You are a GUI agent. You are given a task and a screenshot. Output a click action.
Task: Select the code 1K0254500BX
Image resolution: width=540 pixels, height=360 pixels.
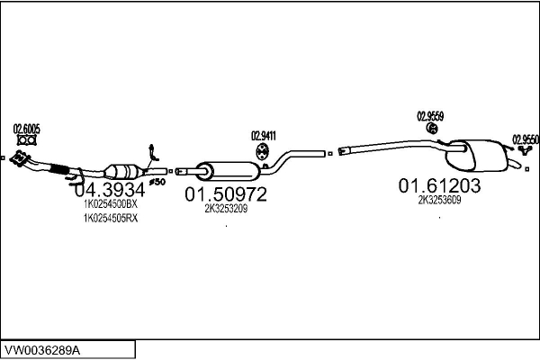coord(110,205)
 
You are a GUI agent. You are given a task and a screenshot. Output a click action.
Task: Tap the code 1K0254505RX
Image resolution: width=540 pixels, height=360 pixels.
coord(110,218)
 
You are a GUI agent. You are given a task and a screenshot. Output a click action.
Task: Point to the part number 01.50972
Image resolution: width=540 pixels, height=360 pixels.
coord(227,193)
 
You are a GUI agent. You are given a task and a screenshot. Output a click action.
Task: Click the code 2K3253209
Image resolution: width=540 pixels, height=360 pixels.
coord(226,208)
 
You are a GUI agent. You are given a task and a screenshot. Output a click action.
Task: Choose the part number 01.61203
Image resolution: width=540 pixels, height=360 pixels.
coord(440,185)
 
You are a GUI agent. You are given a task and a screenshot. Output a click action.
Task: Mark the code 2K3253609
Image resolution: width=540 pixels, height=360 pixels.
coord(440,201)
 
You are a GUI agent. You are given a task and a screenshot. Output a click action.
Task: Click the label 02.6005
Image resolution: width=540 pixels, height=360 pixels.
coord(26,129)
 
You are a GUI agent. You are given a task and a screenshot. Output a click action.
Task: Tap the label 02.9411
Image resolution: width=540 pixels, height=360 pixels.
coord(263,136)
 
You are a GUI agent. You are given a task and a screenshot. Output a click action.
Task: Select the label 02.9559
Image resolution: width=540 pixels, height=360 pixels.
coord(429,115)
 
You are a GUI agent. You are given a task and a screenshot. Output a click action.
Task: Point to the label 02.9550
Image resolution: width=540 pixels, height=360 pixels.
coord(526,139)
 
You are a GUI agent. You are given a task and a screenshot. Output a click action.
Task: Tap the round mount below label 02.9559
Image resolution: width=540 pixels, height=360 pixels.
coord(431,130)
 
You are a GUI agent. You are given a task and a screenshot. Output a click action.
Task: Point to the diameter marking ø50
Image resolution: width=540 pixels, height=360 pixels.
coord(157,183)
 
